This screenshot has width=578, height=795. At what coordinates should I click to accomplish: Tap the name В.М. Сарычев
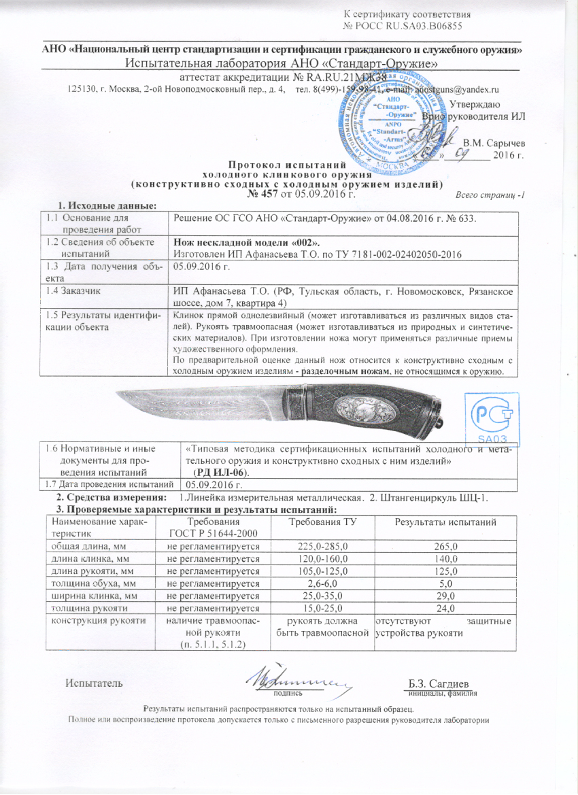click(494, 142)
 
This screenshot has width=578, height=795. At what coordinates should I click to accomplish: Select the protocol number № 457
click(267, 194)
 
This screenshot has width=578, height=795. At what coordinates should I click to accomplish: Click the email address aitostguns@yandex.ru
click(454, 90)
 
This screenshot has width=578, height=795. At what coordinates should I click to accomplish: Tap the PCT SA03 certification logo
click(492, 417)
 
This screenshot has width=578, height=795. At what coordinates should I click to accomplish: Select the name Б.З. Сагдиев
click(442, 683)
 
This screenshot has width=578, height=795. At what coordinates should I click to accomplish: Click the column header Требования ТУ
click(319, 521)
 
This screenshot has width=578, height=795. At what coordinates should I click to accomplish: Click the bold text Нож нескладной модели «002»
click(246, 242)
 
